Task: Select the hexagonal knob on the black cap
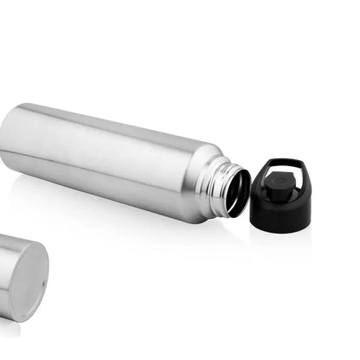click(x=278, y=183)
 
